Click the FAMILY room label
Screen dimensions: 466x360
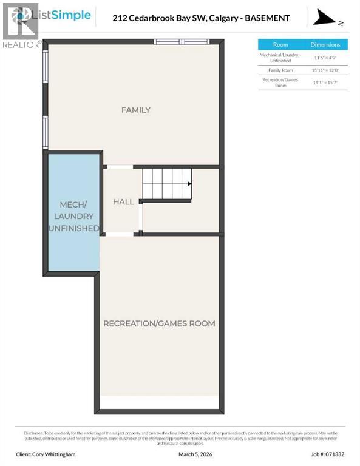pyautogui.click(x=135, y=110)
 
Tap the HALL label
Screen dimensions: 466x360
pyautogui.click(x=123, y=201)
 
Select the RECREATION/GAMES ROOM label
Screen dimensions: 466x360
pyautogui.click(x=159, y=323)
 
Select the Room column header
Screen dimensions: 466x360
pyautogui.click(x=280, y=45)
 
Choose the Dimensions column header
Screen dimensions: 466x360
pyautogui.click(x=325, y=45)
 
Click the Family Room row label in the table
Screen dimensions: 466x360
pyautogui.click(x=280, y=70)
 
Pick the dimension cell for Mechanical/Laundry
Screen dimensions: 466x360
pyautogui.click(x=325, y=58)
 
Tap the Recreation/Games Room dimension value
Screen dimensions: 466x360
pyautogui.click(x=325, y=83)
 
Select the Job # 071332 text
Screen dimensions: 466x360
pyautogui.click(x=327, y=454)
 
